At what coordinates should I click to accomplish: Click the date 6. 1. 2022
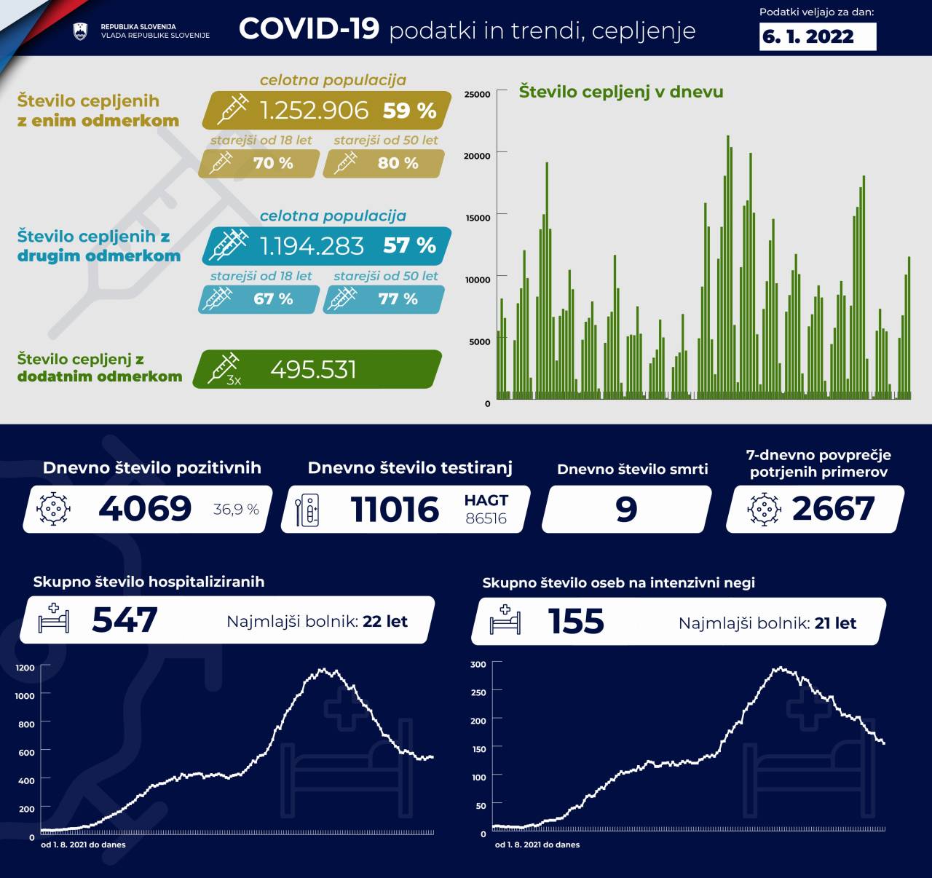pos(808,36)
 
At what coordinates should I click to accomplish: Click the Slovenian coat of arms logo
pos(80,31)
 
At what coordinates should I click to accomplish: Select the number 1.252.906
pos(314,110)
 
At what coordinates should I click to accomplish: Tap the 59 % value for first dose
pos(409,111)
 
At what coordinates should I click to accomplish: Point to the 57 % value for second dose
pos(409,245)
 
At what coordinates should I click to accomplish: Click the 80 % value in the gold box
pos(398,163)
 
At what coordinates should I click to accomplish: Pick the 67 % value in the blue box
pos(273,299)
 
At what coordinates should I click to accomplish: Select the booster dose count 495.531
pos(313,370)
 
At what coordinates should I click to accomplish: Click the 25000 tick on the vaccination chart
pos(477,94)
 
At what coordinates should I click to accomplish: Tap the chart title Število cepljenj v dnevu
pos(620,92)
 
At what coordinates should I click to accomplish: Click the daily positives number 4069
pos(145,508)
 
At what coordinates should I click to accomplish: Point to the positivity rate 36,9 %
pos(236,510)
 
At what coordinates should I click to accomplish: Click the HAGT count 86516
pos(486,518)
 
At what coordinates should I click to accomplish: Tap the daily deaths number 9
pos(626,509)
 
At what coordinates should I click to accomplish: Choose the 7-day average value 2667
pos(833,508)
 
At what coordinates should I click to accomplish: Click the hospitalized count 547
pos(125,620)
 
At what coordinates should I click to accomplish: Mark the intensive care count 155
pos(576,621)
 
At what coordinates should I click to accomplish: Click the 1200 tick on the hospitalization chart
pos(25,668)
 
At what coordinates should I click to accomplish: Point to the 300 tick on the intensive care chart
pos(478,664)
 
